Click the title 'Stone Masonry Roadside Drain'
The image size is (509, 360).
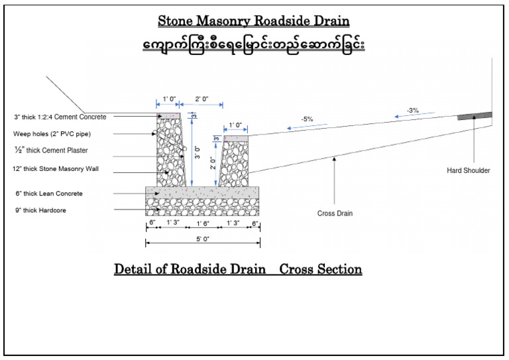253,21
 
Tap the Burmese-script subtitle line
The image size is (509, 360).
253,44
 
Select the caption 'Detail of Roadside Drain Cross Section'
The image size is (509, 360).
238,269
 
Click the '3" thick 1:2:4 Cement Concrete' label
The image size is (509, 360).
60,117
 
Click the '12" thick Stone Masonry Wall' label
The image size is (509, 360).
55,170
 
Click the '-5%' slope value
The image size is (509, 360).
307,119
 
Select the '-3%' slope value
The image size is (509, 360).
413,109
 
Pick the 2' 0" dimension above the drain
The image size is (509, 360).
202,99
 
